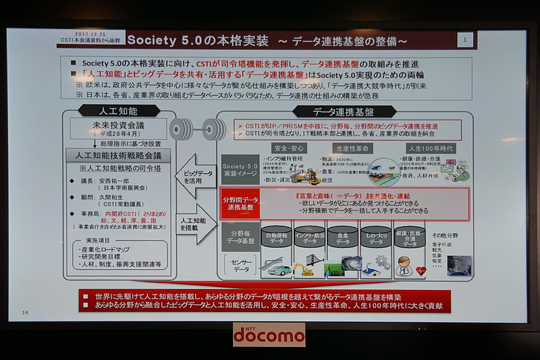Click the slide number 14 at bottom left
point(26,312)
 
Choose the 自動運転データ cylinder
point(276,240)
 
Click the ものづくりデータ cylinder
point(379,240)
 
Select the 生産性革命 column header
point(352,148)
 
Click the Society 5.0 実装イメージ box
point(241,169)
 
